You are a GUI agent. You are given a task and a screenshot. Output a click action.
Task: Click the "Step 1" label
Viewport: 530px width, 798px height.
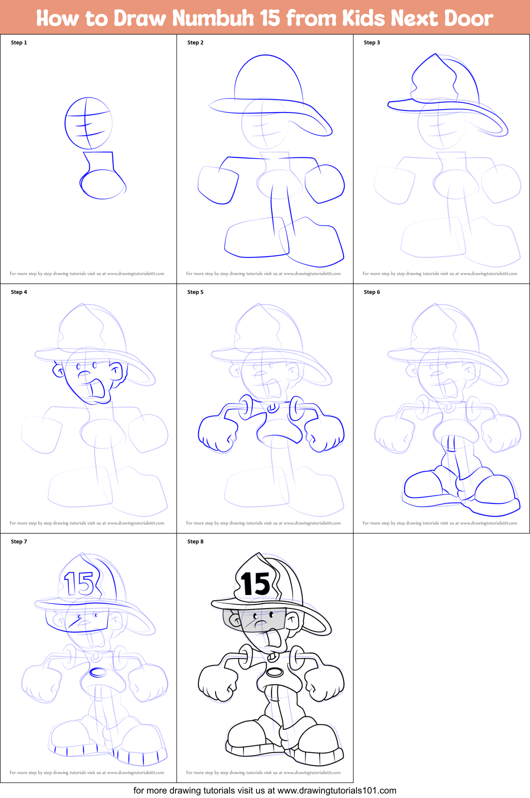coord(19,42)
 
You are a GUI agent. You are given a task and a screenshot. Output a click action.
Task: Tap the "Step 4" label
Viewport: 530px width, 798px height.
coord(19,292)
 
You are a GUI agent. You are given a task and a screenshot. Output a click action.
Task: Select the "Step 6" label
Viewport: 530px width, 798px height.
coord(371,292)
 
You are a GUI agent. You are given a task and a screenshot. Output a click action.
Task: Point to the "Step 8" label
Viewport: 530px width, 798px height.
coord(195,541)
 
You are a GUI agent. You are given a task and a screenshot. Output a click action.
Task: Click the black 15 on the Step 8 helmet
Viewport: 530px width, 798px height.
coord(255,583)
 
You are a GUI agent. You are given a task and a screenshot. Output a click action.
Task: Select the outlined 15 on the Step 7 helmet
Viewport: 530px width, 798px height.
coord(79,583)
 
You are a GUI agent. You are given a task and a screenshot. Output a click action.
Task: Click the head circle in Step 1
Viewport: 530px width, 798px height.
coord(88,123)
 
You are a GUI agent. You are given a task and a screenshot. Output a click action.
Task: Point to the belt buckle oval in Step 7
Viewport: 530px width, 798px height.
coord(97,672)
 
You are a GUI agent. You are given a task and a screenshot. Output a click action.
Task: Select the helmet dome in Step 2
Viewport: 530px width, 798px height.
coord(268,77)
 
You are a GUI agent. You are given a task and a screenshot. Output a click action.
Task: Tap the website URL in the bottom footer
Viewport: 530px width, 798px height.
coord(336,790)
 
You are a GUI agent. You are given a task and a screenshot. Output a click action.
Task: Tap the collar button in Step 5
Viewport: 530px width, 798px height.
coord(272,407)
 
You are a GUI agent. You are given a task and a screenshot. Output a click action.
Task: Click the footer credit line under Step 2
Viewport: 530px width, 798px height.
coord(263,273)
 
